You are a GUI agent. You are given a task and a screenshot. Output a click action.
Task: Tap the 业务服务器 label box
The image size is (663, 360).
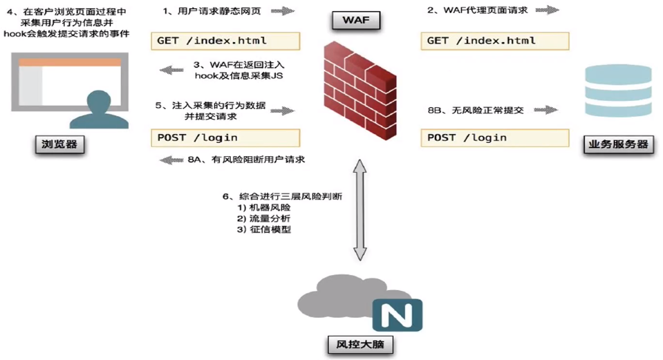click(618, 144)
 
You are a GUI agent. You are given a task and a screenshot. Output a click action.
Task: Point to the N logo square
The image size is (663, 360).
click(396, 316)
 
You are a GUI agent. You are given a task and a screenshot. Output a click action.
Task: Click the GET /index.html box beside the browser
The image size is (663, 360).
click(225, 41)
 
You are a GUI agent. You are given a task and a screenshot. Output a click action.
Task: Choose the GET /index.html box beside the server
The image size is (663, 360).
click(495, 41)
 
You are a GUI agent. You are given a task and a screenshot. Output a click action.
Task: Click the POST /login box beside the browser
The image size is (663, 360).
click(225, 138)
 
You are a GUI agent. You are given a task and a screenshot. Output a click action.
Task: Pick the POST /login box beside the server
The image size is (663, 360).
click(495, 138)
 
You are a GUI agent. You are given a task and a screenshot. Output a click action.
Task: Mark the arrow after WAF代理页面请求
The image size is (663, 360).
click(547, 10)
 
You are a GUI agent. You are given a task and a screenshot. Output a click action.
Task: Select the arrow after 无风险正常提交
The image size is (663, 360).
click(545, 110)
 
